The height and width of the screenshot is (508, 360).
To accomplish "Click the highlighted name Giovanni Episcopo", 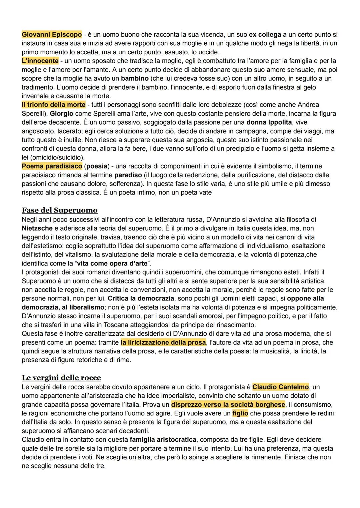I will (x=52, y=35).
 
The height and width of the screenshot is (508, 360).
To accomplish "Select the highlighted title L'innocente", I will (x=40, y=61).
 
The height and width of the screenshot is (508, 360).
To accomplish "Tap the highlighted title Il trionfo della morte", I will (x=54, y=105).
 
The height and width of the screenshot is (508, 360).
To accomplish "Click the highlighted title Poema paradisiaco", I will (x=52, y=166).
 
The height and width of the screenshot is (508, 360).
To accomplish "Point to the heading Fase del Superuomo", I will (x=60, y=210).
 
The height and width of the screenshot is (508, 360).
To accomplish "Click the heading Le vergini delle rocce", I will (x=61, y=377).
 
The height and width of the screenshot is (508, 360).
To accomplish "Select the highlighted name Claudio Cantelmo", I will (x=281, y=387).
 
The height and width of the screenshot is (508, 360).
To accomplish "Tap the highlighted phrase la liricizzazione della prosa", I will (x=163, y=342).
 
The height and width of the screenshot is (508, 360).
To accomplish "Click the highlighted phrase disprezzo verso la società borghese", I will (x=228, y=405).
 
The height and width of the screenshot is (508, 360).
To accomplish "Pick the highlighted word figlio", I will (x=240, y=413).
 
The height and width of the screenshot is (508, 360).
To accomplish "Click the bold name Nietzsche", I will (x=37, y=228).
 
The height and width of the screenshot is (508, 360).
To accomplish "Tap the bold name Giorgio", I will (x=62, y=114).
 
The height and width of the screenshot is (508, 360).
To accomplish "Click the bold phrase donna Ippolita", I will (x=269, y=122).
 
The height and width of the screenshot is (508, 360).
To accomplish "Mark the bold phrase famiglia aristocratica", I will (x=163, y=440).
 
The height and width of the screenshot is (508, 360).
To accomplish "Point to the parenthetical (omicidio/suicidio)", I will (x=53, y=157).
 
